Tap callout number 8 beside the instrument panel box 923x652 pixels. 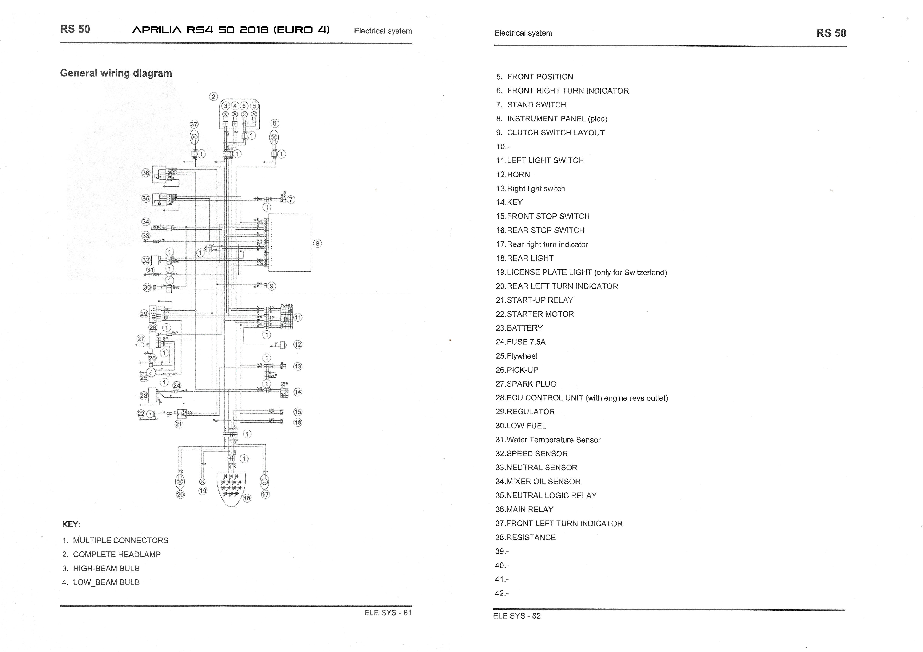click(317, 243)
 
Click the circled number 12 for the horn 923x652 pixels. click(297, 344)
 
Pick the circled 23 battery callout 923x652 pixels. click(143, 396)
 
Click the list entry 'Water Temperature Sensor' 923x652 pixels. click(548, 440)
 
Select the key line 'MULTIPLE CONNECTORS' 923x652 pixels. click(120, 540)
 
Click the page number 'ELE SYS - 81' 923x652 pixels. click(388, 613)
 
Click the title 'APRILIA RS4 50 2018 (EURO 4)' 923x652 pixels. click(231, 30)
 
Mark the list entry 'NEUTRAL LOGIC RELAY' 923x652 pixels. click(546, 495)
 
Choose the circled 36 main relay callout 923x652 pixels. click(145, 173)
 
